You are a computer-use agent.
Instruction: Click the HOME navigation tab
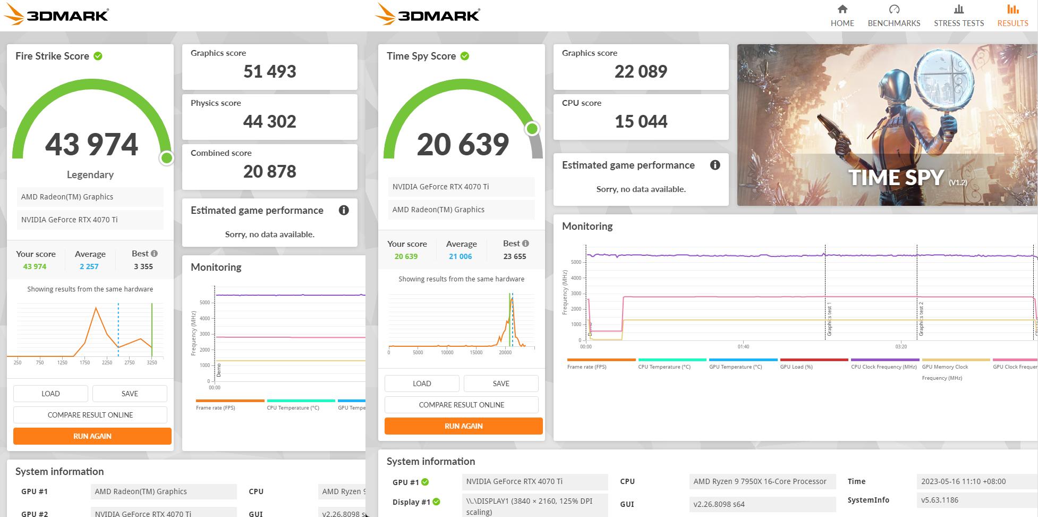[x=842, y=16]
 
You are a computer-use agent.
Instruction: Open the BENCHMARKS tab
[x=894, y=16]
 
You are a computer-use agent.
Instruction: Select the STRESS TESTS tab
[x=958, y=16]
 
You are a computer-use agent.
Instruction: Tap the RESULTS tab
[x=1013, y=16]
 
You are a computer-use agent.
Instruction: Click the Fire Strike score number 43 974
[x=91, y=145]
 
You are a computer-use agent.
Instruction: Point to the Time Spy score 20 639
[x=463, y=145]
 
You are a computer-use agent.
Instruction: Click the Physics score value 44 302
[x=269, y=122]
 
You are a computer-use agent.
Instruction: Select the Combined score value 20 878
[x=269, y=172]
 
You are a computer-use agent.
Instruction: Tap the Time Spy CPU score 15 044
[x=641, y=122]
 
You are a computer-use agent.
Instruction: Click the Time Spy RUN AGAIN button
[x=463, y=426]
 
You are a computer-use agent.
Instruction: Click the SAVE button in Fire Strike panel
[x=130, y=394]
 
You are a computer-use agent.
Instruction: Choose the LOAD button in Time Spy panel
[x=422, y=383]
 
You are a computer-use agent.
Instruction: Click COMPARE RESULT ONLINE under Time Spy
[x=461, y=405]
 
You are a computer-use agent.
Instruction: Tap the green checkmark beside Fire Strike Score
[x=98, y=56]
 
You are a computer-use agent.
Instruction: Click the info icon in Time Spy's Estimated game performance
[x=715, y=165]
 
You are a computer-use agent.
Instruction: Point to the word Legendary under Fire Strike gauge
[x=90, y=174]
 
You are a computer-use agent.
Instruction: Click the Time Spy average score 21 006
[x=460, y=256]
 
